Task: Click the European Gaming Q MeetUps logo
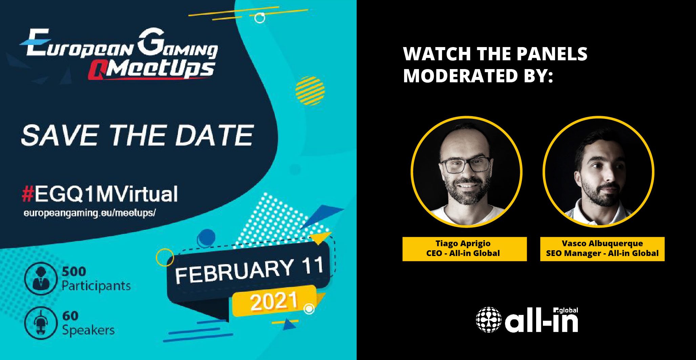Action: click(x=119, y=54)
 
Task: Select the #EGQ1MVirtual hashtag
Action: click(x=100, y=194)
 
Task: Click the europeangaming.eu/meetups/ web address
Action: click(x=90, y=213)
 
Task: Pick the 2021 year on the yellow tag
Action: click(x=274, y=301)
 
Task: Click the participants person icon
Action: click(x=40, y=279)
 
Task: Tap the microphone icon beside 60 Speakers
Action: click(x=40, y=323)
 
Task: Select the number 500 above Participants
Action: click(x=74, y=272)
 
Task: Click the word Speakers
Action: click(x=88, y=330)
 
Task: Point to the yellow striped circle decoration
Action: click(x=310, y=91)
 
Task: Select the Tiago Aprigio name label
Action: click(x=463, y=243)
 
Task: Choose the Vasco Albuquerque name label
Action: click(x=602, y=243)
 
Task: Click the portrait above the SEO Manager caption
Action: click(x=598, y=172)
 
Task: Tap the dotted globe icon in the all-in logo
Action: click(x=489, y=319)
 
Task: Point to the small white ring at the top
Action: click(x=260, y=18)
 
